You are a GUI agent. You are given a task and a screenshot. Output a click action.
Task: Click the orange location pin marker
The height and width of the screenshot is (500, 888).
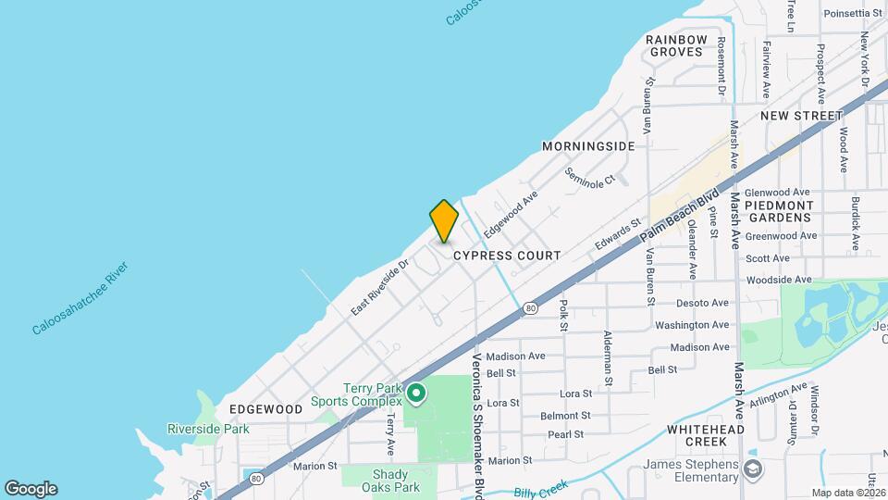[x=444, y=220]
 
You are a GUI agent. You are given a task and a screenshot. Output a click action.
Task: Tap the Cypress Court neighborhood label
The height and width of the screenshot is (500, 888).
[x=506, y=255]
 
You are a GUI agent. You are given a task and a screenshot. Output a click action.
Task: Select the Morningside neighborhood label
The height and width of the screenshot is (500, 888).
[x=588, y=146]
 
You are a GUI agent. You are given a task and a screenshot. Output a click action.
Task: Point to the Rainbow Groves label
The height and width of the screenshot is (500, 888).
[x=676, y=45]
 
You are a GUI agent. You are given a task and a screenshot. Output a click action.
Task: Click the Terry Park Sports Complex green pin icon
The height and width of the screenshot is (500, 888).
[x=416, y=394]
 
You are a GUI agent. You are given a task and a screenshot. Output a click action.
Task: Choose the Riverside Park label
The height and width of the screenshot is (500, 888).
[x=208, y=429]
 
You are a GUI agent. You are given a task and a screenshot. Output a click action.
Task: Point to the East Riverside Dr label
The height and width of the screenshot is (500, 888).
[x=379, y=287]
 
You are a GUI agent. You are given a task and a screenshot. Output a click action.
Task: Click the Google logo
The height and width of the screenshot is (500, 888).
[x=31, y=488]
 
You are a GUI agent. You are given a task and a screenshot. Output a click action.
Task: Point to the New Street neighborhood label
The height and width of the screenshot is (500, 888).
[x=801, y=116]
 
